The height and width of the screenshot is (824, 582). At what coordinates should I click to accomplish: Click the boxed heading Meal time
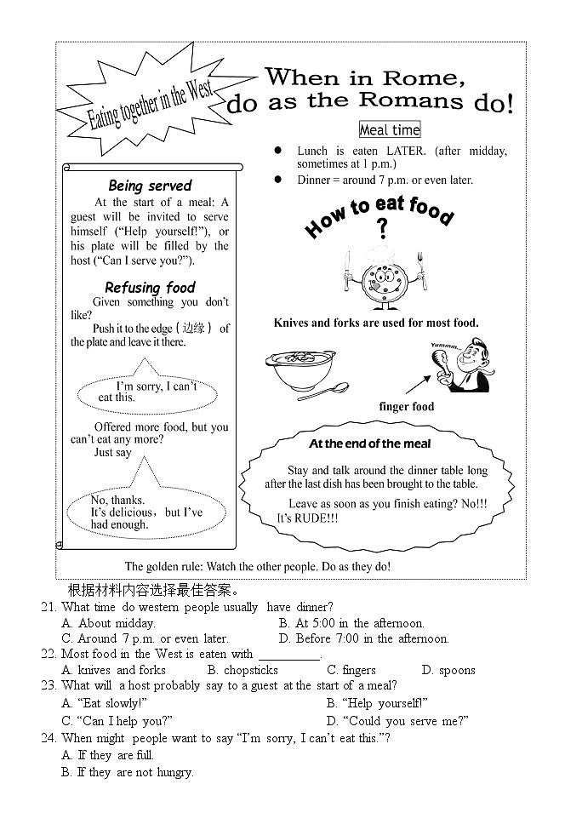coord(390,129)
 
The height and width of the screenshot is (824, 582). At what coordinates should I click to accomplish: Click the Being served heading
coord(150,186)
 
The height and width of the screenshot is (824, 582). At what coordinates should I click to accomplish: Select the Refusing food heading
coord(150,288)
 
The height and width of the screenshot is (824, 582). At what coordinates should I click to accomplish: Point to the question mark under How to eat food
coord(382,229)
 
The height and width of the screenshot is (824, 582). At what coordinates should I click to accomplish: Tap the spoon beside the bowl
coord(324,391)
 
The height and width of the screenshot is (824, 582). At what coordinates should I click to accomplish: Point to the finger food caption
coord(406,407)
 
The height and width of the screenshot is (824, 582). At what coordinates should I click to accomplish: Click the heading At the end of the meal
coord(369,443)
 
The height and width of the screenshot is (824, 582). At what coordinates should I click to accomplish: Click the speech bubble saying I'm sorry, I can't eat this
coord(150,392)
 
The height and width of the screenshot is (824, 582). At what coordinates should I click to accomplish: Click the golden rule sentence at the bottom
coord(258,566)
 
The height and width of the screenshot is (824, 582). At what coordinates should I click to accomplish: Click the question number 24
coord(48,738)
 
